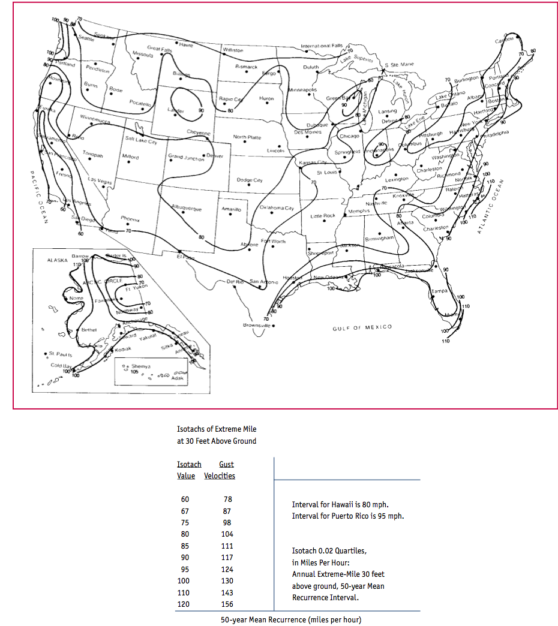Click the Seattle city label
[x=86, y=39]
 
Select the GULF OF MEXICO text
[x=362, y=327]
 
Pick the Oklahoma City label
[x=277, y=208]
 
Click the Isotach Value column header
[x=188, y=470]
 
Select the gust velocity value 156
[x=226, y=604]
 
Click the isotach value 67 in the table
[x=184, y=511]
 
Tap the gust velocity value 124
[x=226, y=569]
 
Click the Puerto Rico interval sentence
[x=347, y=516]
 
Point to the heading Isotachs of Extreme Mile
[x=217, y=429]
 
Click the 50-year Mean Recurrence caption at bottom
[x=291, y=619]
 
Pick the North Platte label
[x=247, y=137]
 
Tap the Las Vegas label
[x=100, y=180]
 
